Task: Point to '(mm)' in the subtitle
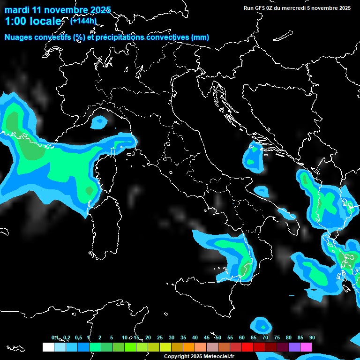pyautogui.click(x=200, y=37)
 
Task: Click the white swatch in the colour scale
pyautogui.click(x=48, y=347)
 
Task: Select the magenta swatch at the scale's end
pyautogui.click(x=306, y=347)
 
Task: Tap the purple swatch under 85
pyautogui.click(x=294, y=347)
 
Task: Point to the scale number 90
pyautogui.click(x=312, y=337)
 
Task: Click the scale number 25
pyautogui.click(x=159, y=337)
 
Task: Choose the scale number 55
pyautogui.click(x=230, y=337)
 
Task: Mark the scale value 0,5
pyautogui.click(x=78, y=337)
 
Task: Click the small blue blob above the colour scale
pyautogui.click(x=261, y=324)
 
